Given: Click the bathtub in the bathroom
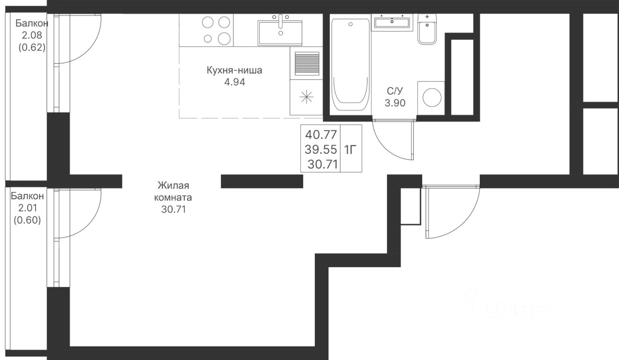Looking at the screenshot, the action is (351, 65).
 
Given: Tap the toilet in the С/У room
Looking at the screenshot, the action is (427, 29).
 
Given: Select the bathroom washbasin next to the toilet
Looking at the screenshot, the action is (392, 22).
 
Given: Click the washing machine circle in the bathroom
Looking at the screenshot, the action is (432, 97).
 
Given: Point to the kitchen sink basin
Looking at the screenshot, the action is (280, 32).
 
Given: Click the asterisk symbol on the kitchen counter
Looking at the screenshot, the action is (307, 97).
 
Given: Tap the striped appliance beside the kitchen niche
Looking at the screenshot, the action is (307, 63).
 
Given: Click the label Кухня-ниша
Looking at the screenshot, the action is (235, 70).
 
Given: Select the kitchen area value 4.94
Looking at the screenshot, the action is (235, 82).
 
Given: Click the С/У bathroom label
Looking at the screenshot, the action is (395, 90).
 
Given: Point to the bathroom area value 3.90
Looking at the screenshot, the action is (395, 103).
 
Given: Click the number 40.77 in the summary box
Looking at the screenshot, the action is (321, 135).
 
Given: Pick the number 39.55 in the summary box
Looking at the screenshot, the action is (321, 150).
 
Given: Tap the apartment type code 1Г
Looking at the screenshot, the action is (349, 150).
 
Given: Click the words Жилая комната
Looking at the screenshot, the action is (173, 191).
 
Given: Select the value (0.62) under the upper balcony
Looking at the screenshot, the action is (32, 47).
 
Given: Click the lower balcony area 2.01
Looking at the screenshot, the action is (28, 208).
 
